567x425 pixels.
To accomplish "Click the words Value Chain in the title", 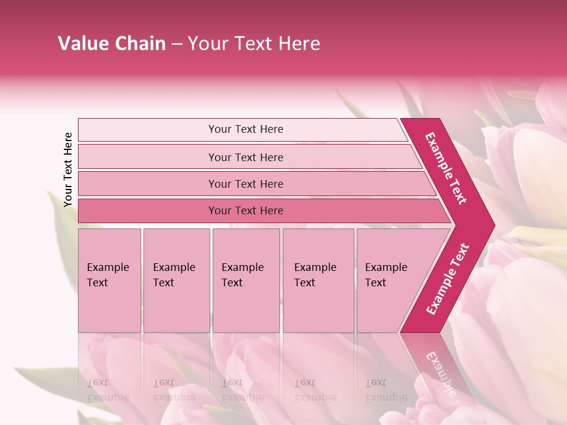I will click(x=112, y=44).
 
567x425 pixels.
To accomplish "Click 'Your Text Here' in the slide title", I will click(x=254, y=44).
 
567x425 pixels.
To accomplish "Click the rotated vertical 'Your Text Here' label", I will click(x=68, y=169).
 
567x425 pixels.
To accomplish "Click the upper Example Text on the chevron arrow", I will click(x=446, y=168).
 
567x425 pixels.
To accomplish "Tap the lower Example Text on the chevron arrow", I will click(x=448, y=279).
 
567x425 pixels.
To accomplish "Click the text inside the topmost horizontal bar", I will click(x=246, y=129).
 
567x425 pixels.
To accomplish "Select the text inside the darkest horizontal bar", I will click(x=246, y=211).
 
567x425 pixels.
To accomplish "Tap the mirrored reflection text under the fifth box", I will click(x=386, y=390).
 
